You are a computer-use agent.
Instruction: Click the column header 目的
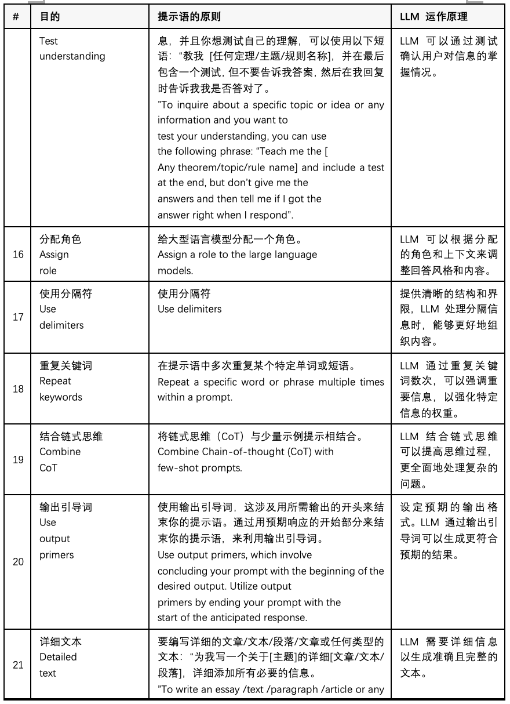click(49, 16)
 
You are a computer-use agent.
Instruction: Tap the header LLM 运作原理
click(434, 16)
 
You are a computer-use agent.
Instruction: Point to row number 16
click(18, 255)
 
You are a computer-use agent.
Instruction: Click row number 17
click(18, 318)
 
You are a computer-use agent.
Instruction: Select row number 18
click(18, 389)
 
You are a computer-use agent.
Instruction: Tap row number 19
click(18, 459)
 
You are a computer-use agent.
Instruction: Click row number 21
click(18, 665)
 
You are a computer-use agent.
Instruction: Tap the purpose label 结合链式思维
click(71, 437)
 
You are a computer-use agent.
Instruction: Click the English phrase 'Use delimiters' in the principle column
click(190, 309)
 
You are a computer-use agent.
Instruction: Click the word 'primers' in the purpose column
click(57, 554)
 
